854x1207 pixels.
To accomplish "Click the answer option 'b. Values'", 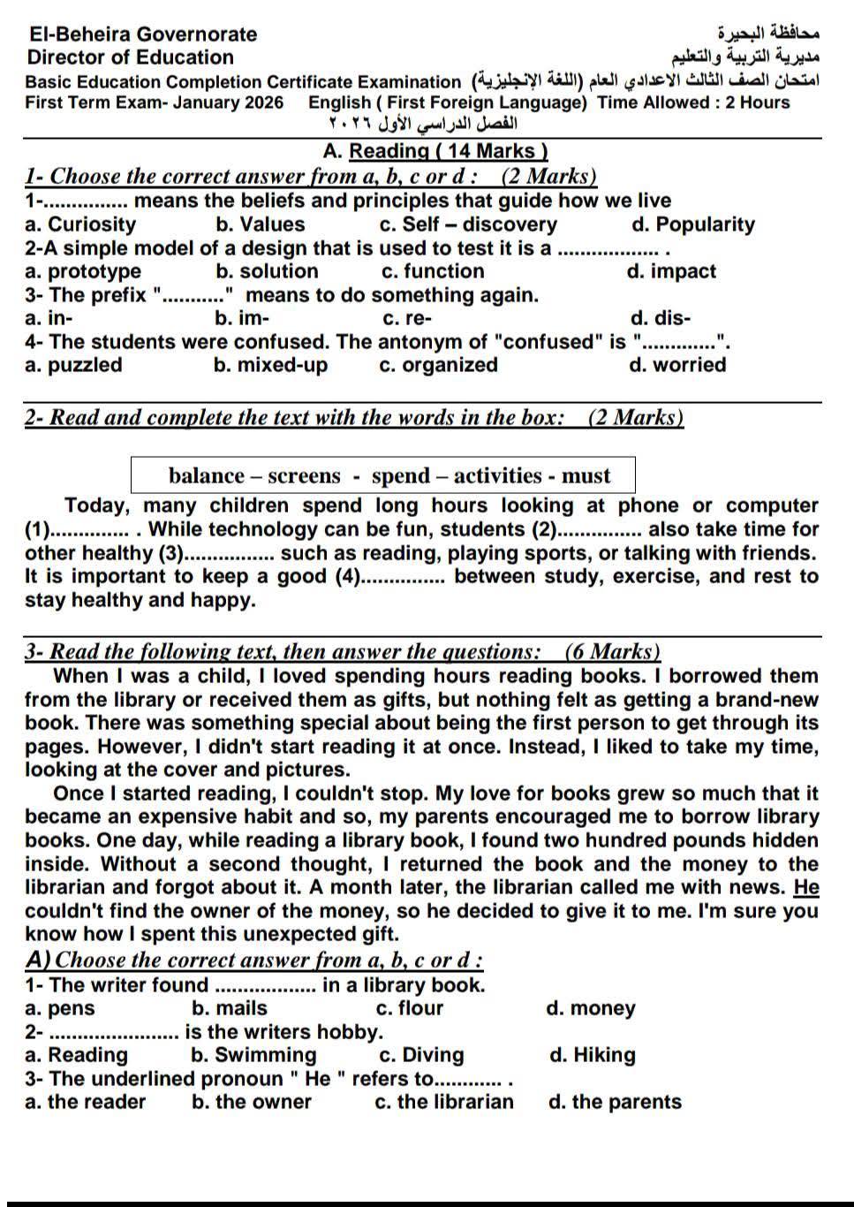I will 260,224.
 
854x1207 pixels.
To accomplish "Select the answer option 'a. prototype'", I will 83,271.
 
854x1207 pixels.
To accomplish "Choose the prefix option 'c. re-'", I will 407,318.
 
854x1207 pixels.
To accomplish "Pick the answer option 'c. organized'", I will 438,365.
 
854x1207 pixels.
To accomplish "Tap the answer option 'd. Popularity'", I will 693,224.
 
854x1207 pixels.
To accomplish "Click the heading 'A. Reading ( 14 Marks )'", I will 435,151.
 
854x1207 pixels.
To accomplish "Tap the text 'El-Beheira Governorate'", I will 142,34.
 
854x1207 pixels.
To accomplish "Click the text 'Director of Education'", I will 131,57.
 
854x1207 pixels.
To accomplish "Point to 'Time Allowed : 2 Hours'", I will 693,102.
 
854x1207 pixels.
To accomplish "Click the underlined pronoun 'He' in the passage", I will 806,887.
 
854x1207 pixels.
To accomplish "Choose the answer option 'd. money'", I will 591,1008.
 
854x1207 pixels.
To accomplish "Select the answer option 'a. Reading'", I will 77,1055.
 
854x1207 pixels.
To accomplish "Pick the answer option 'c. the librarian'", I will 443,1102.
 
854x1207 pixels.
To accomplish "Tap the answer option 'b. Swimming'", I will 253,1055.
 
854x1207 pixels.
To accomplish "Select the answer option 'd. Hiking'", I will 592,1055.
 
